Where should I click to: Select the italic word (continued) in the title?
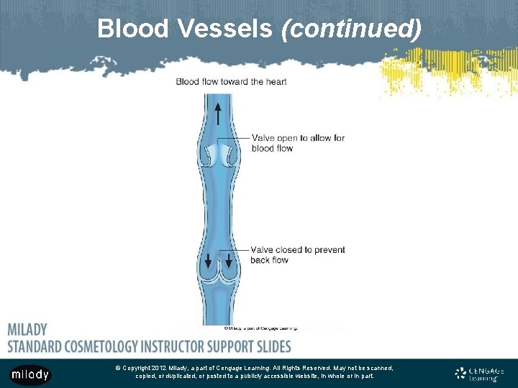click(351, 29)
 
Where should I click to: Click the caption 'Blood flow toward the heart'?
click(231, 81)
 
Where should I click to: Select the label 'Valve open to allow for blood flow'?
click(298, 143)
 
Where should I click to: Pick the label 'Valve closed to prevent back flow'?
click(297, 254)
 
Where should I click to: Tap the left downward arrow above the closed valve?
click(209, 259)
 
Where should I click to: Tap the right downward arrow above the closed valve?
click(229, 259)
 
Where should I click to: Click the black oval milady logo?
click(30, 374)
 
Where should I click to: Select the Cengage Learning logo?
click(480, 374)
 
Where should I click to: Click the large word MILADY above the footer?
click(27, 330)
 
